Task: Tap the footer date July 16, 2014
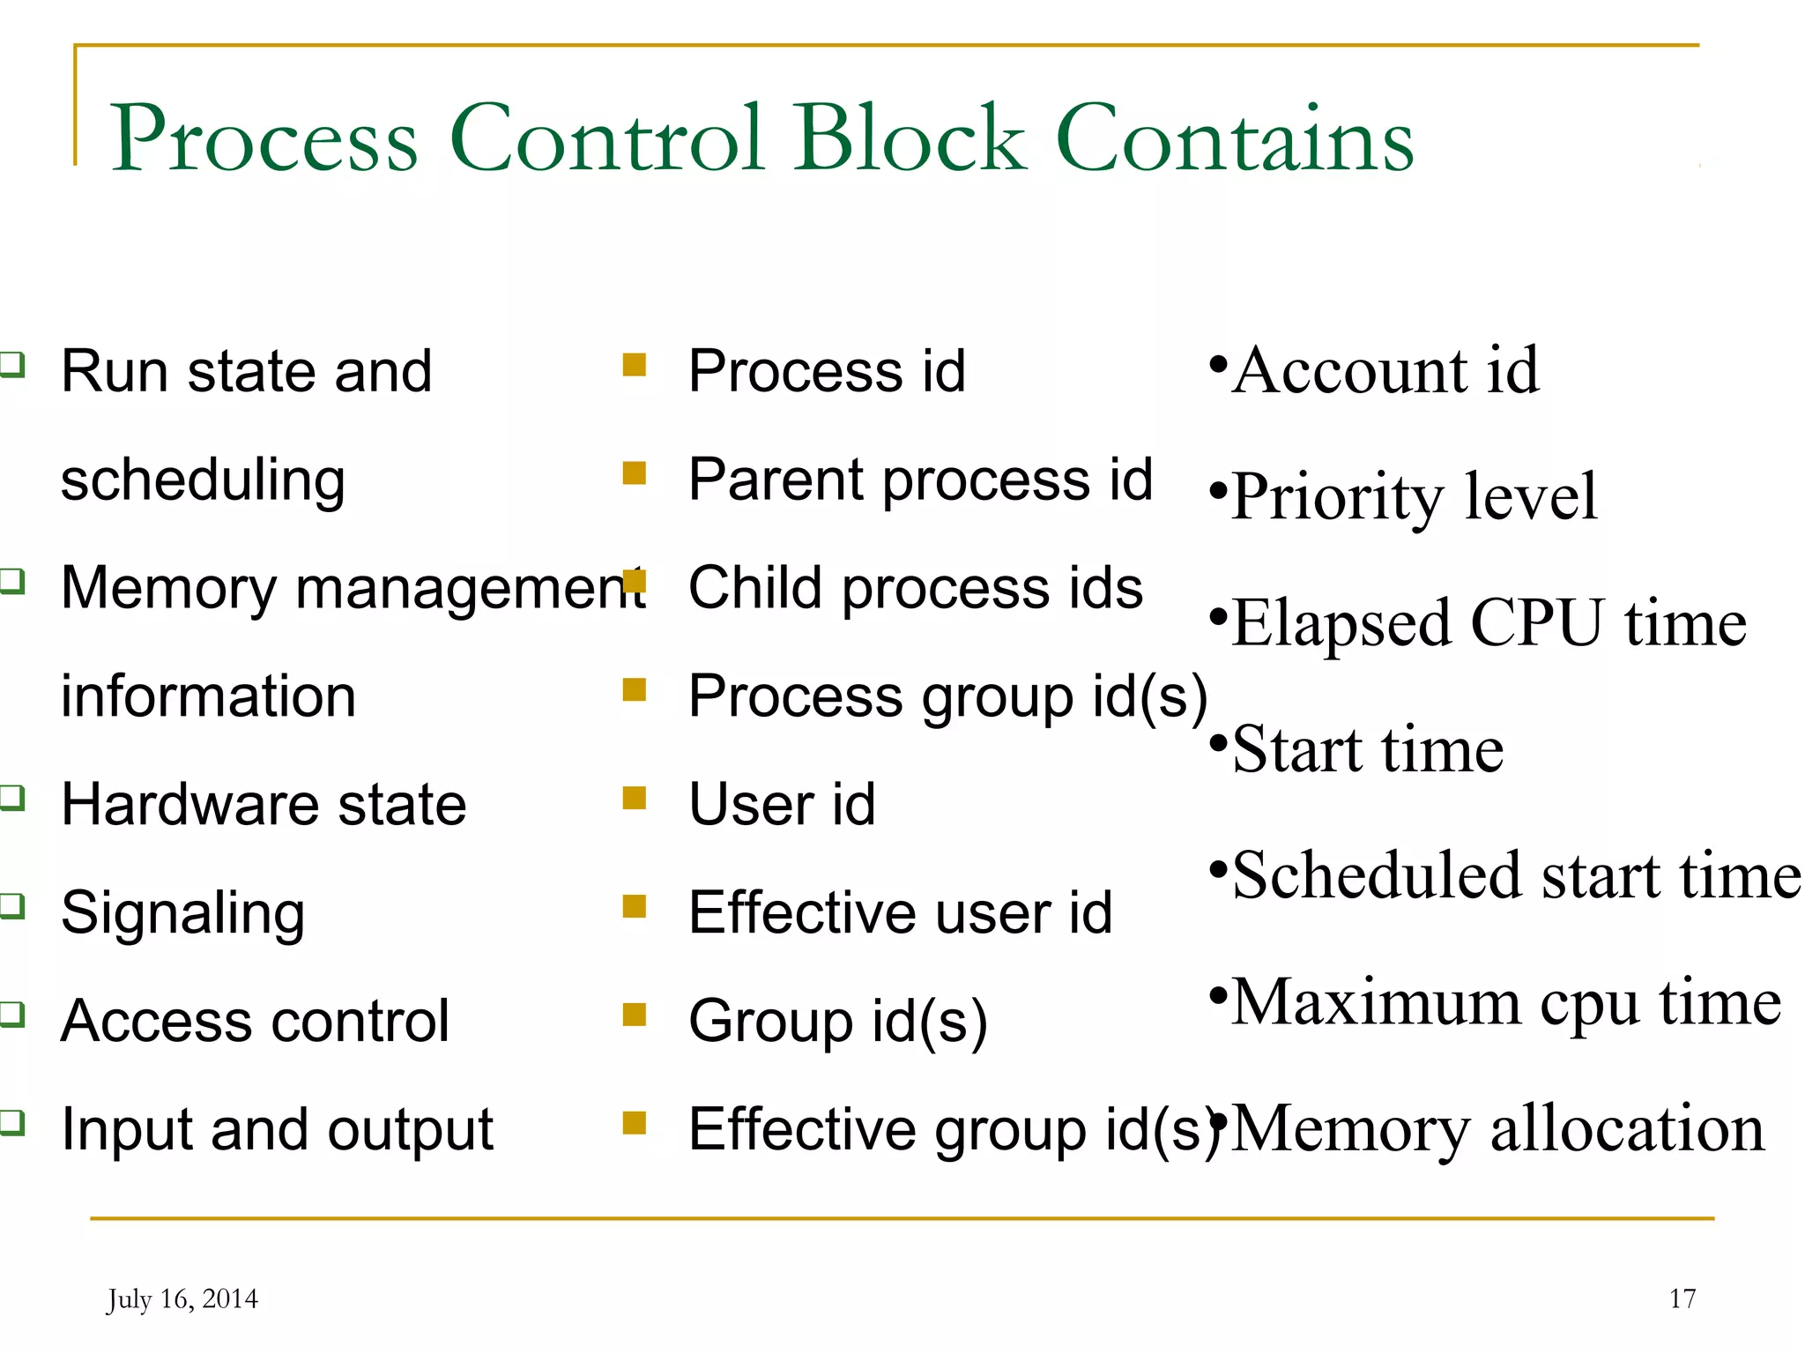pyautogui.click(x=182, y=1299)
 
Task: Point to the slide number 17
pyautogui.click(x=1682, y=1298)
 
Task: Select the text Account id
pyautogui.click(x=1385, y=370)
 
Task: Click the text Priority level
pyautogui.click(x=1414, y=496)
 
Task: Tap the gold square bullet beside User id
pyautogui.click(x=634, y=799)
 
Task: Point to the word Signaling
pyautogui.click(x=182, y=913)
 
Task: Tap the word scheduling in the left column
pyautogui.click(x=203, y=480)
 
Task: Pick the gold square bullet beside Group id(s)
pyautogui.click(x=634, y=1015)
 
